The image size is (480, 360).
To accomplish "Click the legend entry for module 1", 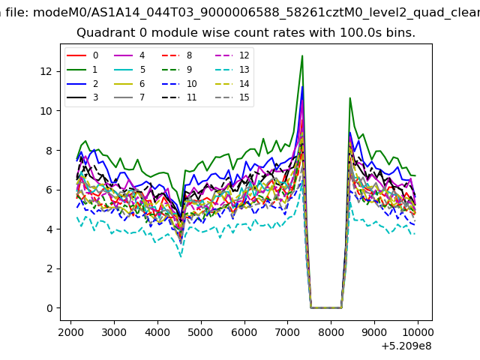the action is (x=82, y=70).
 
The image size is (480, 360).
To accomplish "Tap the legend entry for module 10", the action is (x=179, y=83).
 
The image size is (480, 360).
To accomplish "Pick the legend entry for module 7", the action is (x=129, y=97).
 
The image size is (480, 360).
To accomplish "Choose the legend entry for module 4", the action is (x=129, y=55).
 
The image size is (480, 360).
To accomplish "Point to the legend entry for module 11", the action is (x=179, y=97).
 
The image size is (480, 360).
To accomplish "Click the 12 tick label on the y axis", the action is (x=46, y=72).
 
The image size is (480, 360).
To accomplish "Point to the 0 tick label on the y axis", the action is (x=49, y=308).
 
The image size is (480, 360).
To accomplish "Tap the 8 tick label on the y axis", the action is (x=49, y=151).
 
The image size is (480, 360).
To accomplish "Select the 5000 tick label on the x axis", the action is (x=201, y=332).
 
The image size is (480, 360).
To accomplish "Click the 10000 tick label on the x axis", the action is (x=418, y=332).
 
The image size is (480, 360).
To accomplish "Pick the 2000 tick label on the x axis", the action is (x=70, y=332).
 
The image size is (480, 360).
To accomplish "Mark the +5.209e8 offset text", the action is (x=406, y=346).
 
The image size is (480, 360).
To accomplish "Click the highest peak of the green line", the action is (x=302, y=55).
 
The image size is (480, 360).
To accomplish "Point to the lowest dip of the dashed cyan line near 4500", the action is (x=181, y=256).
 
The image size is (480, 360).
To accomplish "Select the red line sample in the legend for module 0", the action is (x=76, y=55).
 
